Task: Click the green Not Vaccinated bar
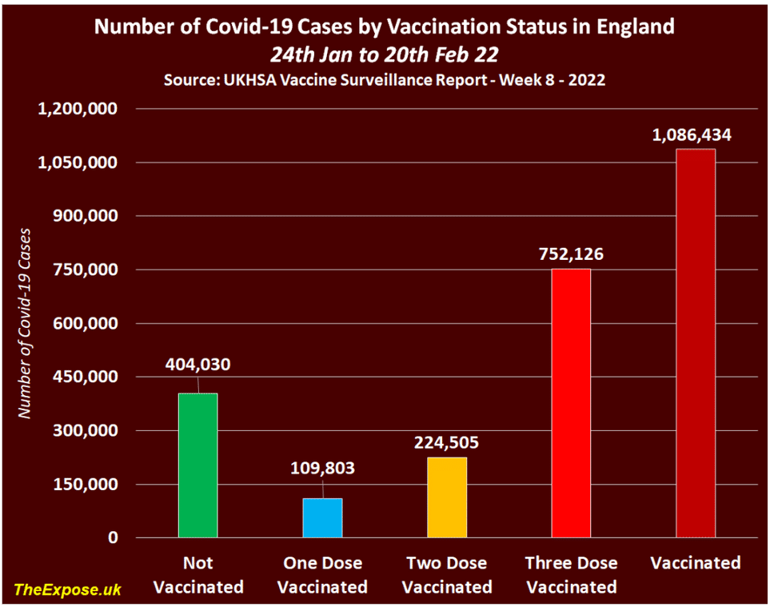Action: click(x=197, y=465)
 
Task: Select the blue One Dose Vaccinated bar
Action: click(x=322, y=517)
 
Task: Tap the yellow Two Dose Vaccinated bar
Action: click(x=447, y=497)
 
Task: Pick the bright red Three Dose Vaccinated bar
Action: click(x=571, y=403)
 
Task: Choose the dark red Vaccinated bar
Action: click(x=696, y=343)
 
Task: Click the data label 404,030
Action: click(x=197, y=365)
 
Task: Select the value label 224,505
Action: click(x=446, y=442)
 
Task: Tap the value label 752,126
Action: click(x=571, y=254)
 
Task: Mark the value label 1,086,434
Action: click(x=692, y=134)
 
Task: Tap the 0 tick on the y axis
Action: click(x=113, y=538)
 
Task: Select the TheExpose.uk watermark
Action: click(x=67, y=590)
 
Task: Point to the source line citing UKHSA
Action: click(x=385, y=81)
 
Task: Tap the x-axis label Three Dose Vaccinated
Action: click(x=571, y=574)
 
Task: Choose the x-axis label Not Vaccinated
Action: click(x=197, y=574)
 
